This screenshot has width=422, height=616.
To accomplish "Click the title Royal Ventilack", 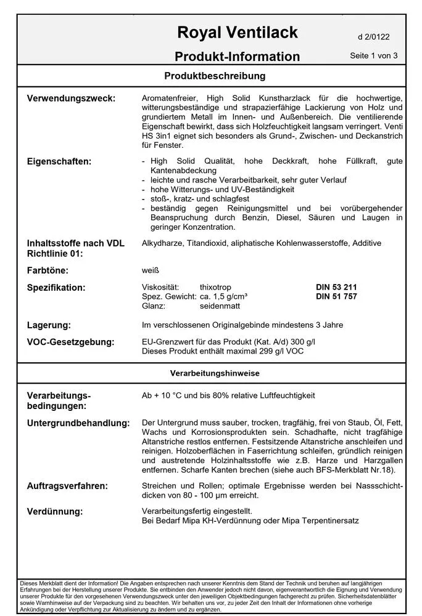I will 237,32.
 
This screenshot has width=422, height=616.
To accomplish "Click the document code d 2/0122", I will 374,37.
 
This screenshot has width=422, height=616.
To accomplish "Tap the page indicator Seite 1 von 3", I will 374,55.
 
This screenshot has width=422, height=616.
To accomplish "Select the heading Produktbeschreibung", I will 215,76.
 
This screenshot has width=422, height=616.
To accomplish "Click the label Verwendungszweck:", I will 71,98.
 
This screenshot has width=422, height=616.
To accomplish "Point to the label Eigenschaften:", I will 59,161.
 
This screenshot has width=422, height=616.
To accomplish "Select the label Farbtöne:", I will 48,270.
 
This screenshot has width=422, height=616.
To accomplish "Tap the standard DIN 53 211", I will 336,288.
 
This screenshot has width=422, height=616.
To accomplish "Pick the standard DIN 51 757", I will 336,297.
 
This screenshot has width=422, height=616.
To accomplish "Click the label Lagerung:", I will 49,325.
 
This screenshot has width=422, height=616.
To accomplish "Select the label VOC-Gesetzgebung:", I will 70,342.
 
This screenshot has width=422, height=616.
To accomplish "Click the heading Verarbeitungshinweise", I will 215,373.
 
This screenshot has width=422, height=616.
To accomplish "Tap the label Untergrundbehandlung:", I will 78,423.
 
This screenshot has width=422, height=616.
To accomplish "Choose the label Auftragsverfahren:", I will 67,486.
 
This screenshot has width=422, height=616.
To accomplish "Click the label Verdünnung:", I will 55,512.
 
